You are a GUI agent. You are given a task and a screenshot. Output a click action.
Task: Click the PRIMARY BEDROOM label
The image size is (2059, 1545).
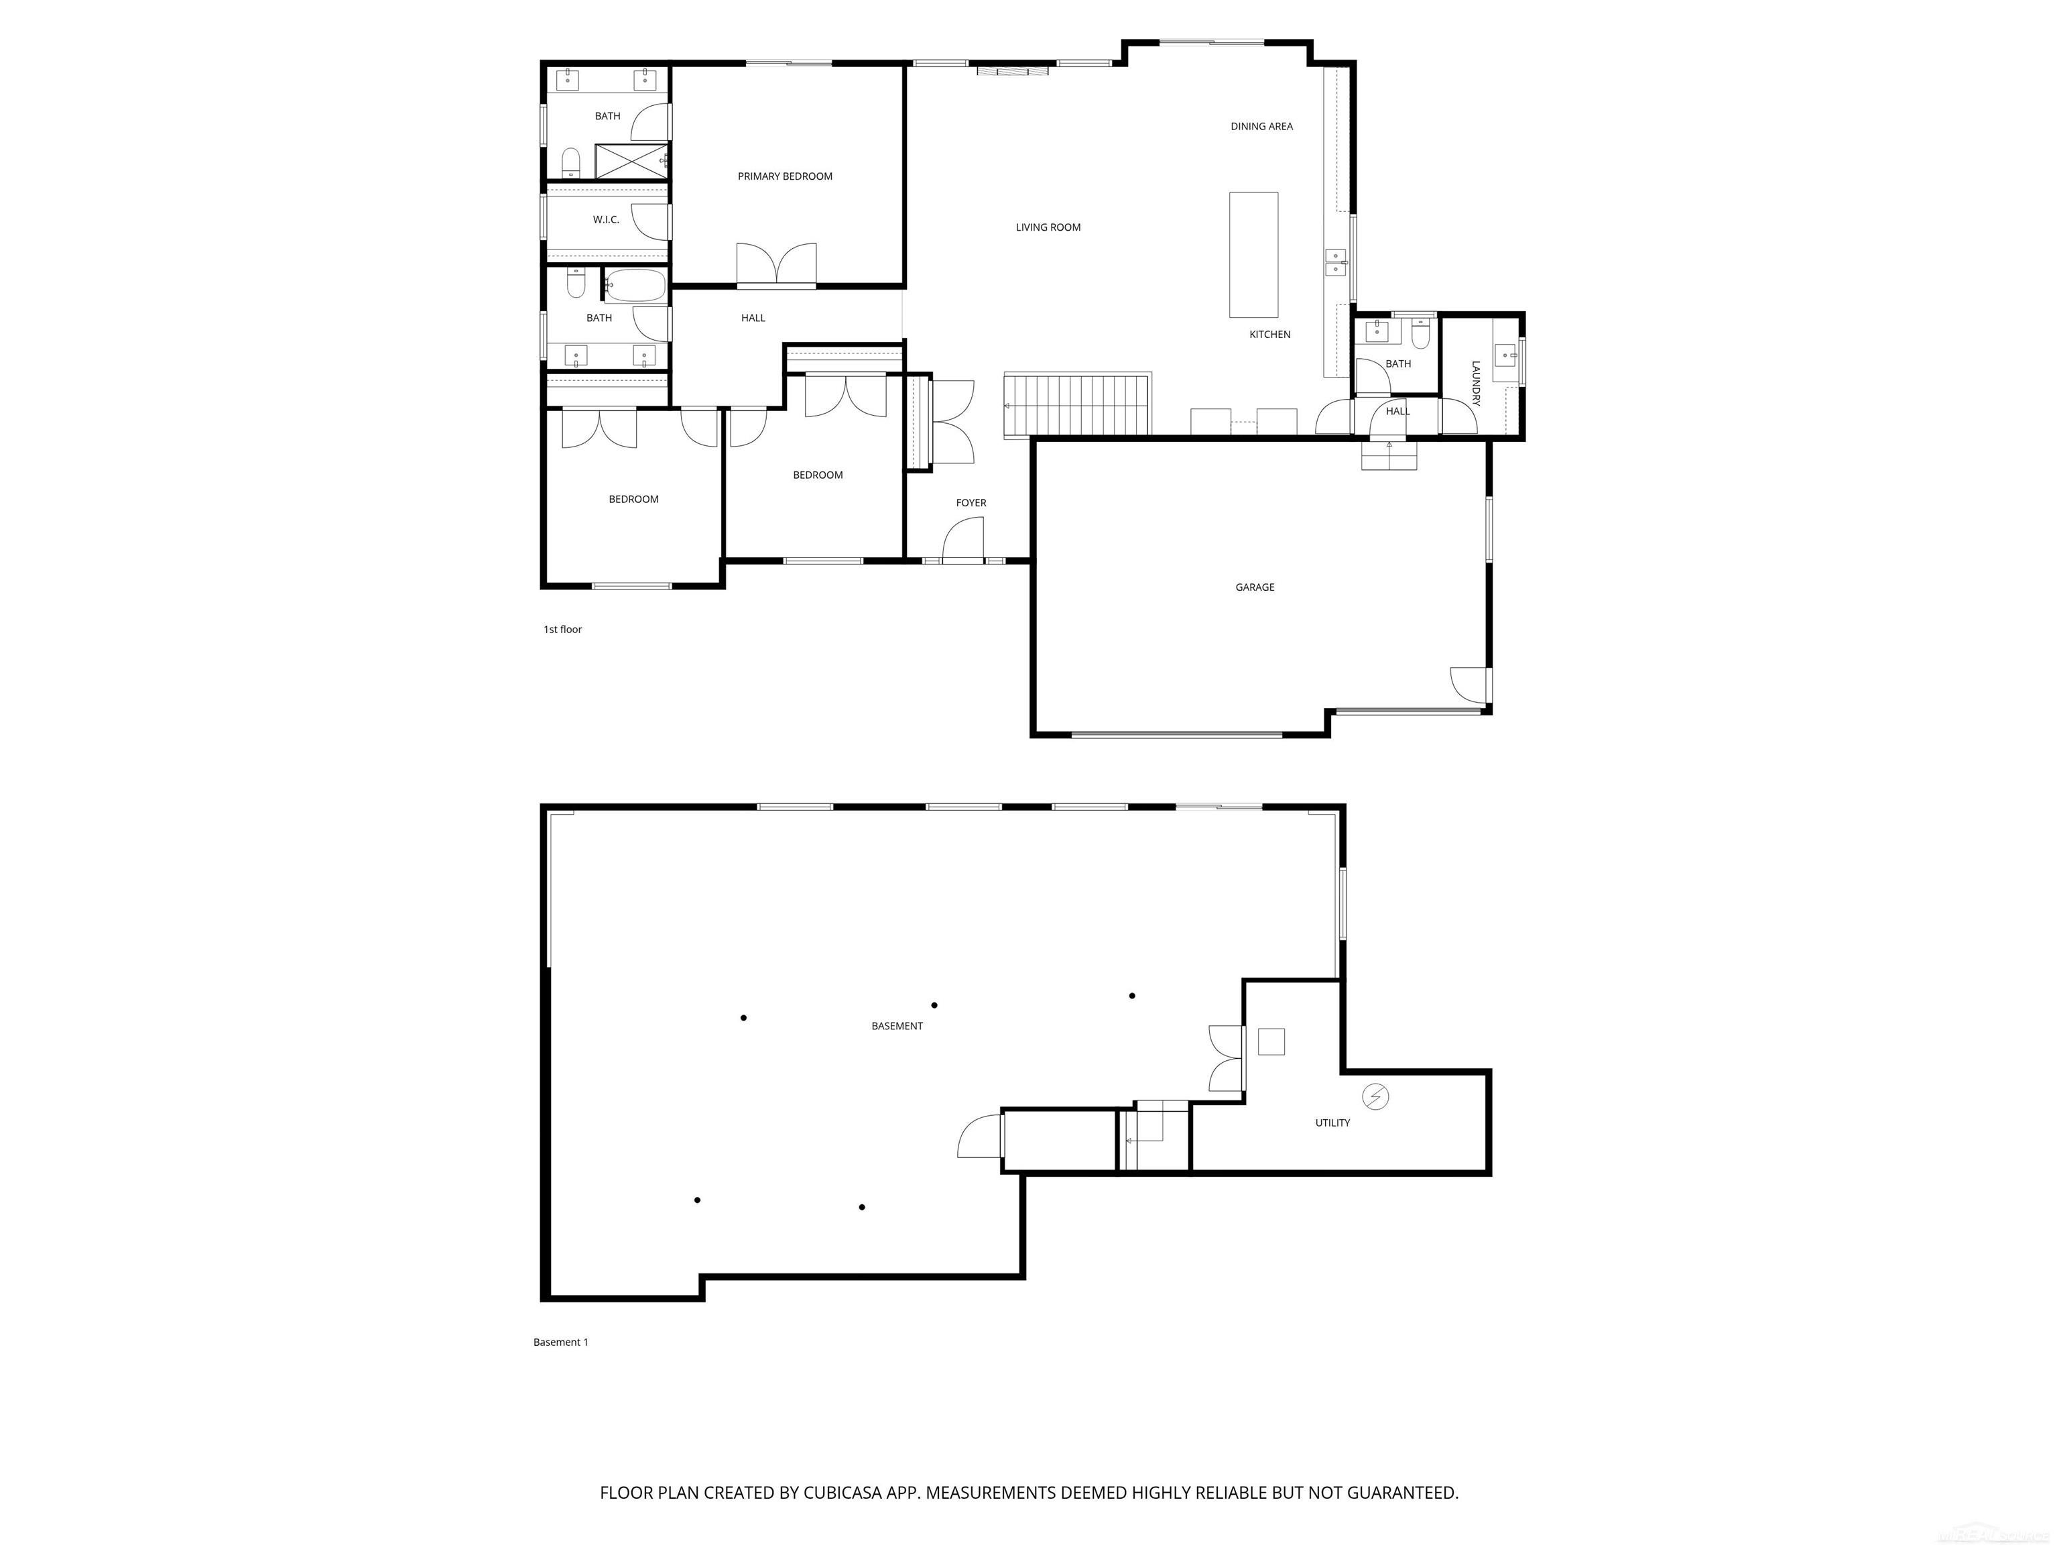[785, 176]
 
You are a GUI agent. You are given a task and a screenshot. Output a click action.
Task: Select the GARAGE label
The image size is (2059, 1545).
[1254, 587]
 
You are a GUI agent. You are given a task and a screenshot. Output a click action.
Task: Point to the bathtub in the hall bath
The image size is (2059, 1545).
[636, 286]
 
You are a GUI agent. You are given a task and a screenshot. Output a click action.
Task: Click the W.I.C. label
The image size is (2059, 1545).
[606, 220]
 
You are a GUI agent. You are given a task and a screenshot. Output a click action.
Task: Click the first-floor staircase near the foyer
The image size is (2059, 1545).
[1077, 405]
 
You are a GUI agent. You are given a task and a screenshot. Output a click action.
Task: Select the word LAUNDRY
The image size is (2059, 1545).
[1475, 383]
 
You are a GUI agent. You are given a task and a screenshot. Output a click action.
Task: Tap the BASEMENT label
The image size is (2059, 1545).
[896, 1025]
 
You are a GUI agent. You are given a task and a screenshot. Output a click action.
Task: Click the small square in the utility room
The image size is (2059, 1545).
[1271, 1041]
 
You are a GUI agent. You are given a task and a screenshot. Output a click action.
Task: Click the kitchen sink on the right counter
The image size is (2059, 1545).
[1336, 263]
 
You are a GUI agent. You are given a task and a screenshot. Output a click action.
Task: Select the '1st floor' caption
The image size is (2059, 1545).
[562, 630]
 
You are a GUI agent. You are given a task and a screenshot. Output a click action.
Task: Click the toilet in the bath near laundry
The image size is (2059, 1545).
[1420, 333]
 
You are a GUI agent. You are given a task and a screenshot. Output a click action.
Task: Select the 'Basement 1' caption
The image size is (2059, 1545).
[560, 1342]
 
